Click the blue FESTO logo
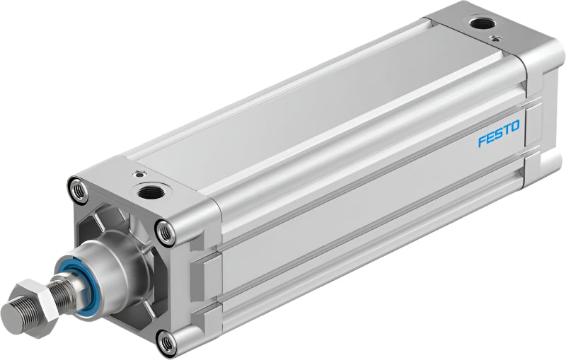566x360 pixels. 499,134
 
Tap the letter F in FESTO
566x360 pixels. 482,141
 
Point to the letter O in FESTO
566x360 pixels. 516,126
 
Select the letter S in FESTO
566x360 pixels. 499,134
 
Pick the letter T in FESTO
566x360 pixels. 507,130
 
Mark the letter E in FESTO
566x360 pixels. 490,137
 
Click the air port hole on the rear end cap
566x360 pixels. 483,24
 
